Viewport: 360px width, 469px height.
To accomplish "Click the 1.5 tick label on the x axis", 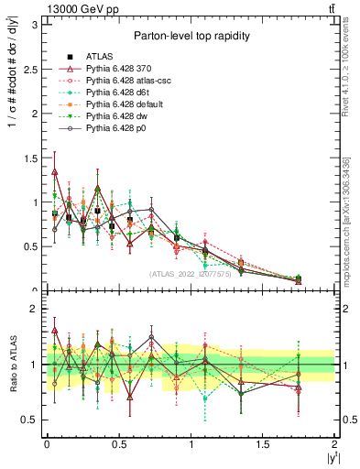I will coord(263,445).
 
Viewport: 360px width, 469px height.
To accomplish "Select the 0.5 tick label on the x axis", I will coord(118,445).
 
